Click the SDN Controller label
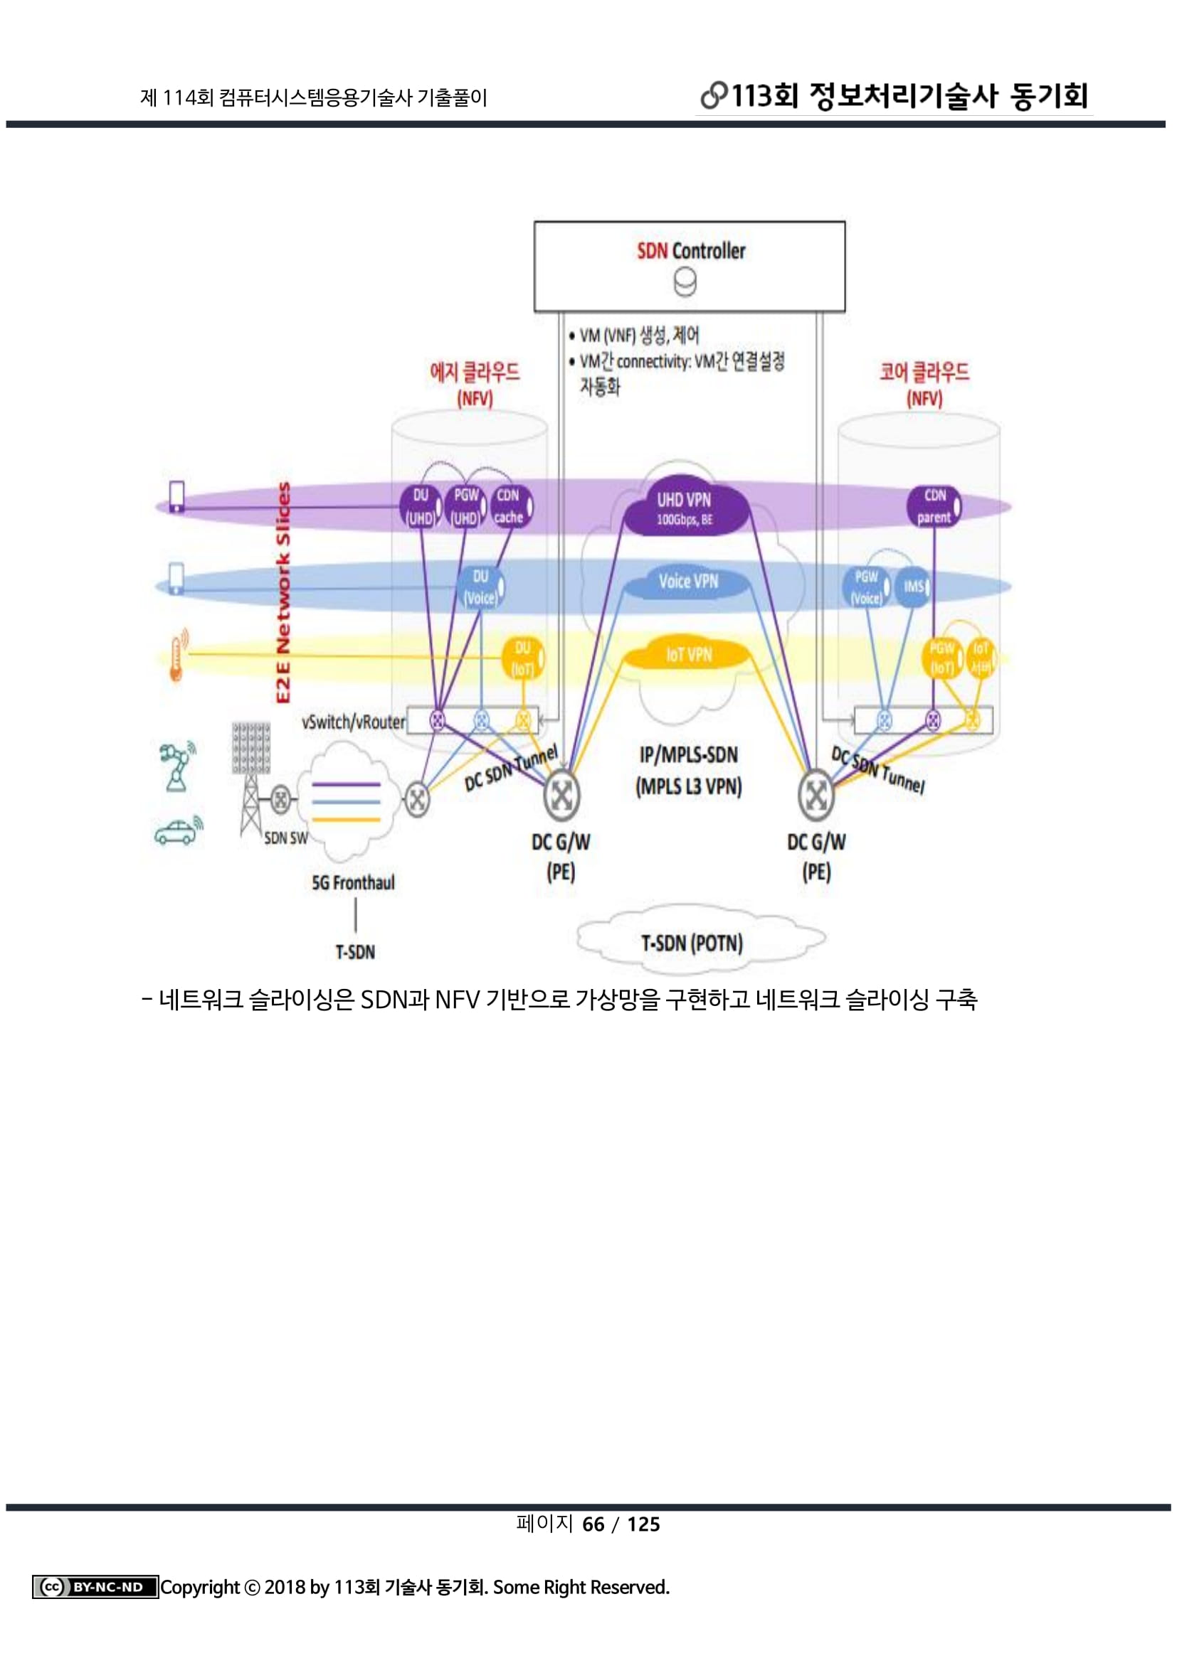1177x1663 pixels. (x=691, y=251)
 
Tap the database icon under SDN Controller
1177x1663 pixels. (x=685, y=282)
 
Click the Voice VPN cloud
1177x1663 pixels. (x=688, y=582)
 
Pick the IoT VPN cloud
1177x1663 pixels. (x=688, y=655)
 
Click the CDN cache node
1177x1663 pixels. (x=509, y=506)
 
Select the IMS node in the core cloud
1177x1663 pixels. (x=912, y=587)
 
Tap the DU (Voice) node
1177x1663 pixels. (x=480, y=587)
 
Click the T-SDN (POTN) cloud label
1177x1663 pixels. (x=692, y=943)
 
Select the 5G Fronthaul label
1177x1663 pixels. (x=353, y=883)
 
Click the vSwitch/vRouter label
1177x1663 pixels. (x=354, y=722)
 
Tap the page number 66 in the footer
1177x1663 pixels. (x=593, y=1524)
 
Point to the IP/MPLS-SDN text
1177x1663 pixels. (x=688, y=756)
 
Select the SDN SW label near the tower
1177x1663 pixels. (x=285, y=838)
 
